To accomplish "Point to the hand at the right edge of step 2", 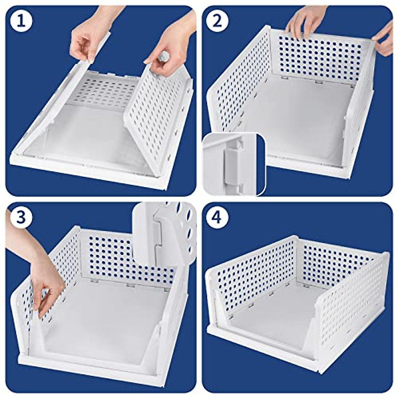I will click(x=385, y=38).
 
